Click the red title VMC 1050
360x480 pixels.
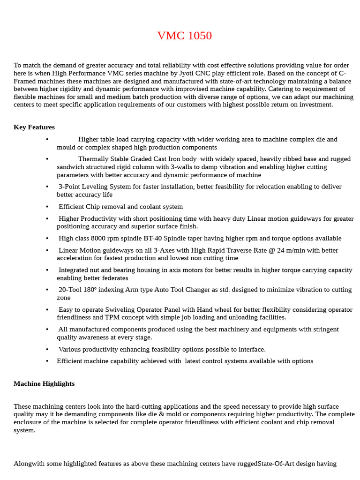184,36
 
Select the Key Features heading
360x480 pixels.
34,127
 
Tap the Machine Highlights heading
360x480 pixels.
44,383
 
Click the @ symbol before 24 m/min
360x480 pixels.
272,250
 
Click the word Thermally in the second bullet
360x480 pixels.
93,159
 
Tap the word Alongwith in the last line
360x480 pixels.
29,464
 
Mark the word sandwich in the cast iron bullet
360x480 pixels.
71,167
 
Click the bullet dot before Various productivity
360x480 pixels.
47,349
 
